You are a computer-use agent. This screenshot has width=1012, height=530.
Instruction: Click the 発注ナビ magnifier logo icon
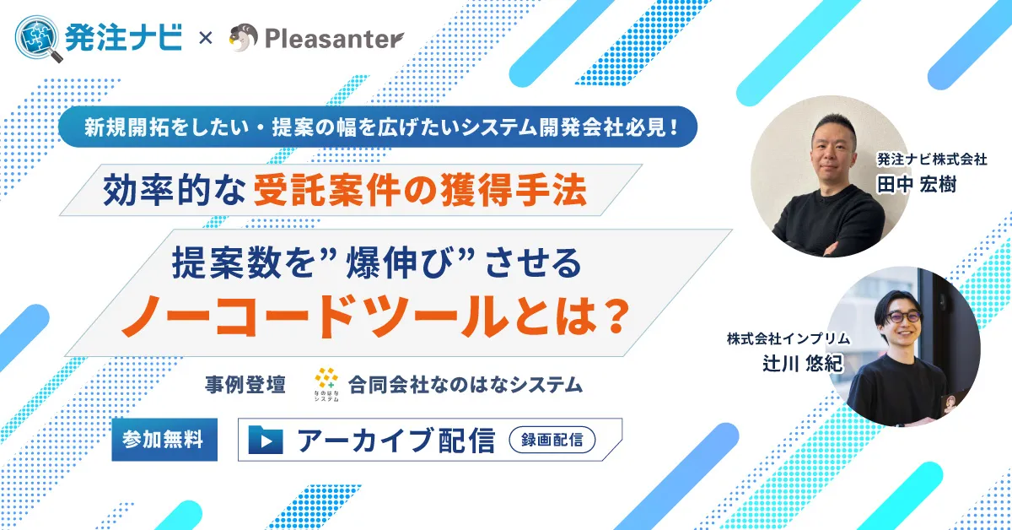pos(39,38)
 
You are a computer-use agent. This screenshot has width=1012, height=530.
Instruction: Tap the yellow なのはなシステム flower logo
pos(325,381)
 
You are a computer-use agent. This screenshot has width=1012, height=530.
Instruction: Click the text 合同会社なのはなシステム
pos(466,385)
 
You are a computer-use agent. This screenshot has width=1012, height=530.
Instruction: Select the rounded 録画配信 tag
pos(552,440)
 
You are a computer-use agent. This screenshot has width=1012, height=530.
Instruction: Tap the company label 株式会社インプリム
pos(789,339)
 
